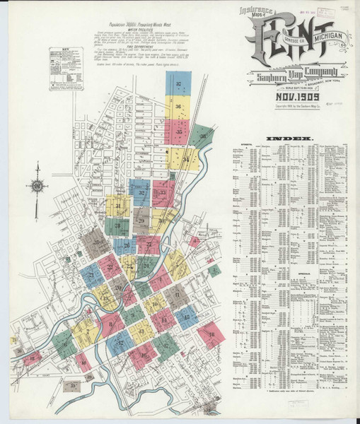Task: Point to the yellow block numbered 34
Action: coord(185,159)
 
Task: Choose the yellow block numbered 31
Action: coord(119,206)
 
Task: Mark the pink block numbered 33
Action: coord(164,192)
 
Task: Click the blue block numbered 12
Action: coord(186,317)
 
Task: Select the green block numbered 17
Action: coord(166,344)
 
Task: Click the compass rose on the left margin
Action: coord(37,187)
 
